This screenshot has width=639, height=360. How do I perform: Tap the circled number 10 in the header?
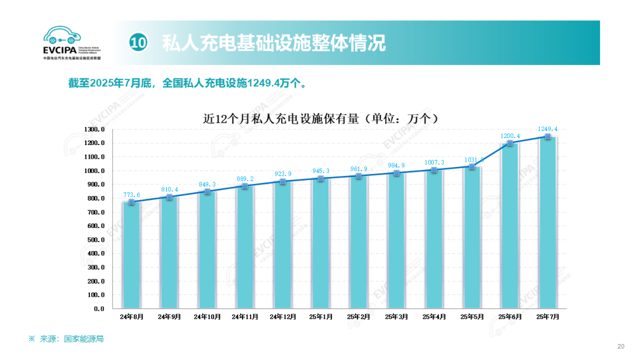click(138, 43)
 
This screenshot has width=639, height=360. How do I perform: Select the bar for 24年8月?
click(131, 255)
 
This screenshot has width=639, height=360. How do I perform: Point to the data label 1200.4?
click(510, 136)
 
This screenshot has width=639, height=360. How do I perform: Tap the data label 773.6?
click(131, 195)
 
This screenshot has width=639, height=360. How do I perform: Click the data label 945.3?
click(320, 171)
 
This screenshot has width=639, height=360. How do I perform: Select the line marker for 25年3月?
click(396, 173)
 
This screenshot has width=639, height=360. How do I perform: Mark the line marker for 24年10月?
click(207, 192)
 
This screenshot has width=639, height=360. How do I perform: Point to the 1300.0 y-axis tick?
click(95, 129)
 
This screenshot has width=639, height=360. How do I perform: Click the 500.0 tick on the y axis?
click(96, 240)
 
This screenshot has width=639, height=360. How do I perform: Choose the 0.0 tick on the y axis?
click(98, 308)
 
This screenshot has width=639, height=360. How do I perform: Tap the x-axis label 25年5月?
click(472, 317)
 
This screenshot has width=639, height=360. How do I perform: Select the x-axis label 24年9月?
click(169, 317)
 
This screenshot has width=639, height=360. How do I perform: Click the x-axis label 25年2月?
click(358, 317)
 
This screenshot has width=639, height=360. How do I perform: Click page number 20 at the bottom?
click(621, 346)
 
